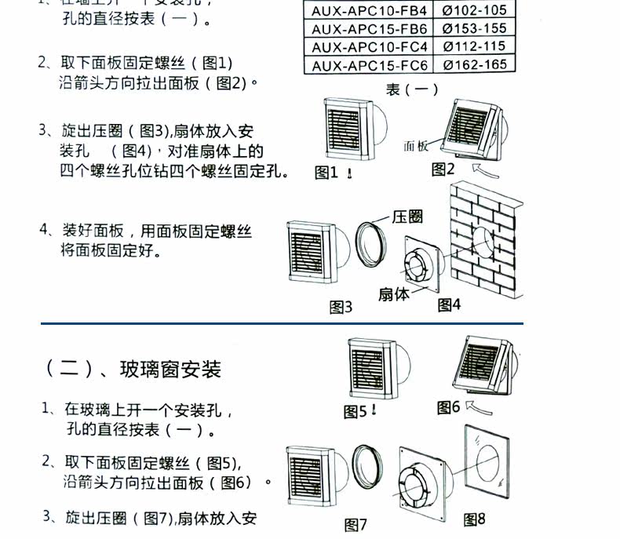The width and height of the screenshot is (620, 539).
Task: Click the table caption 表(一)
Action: [x=411, y=89]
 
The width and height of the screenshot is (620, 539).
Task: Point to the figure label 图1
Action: [x=326, y=173]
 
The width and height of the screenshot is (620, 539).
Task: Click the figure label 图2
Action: [x=443, y=169]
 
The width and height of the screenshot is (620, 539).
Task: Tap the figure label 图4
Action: [x=449, y=304]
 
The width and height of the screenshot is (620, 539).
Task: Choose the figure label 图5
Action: [x=356, y=411]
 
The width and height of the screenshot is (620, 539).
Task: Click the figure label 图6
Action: [x=448, y=407]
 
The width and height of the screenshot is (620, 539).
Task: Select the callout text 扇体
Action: [x=394, y=294]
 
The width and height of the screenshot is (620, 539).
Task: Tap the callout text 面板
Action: [x=416, y=145]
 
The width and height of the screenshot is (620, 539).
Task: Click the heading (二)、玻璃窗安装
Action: [x=130, y=368]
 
